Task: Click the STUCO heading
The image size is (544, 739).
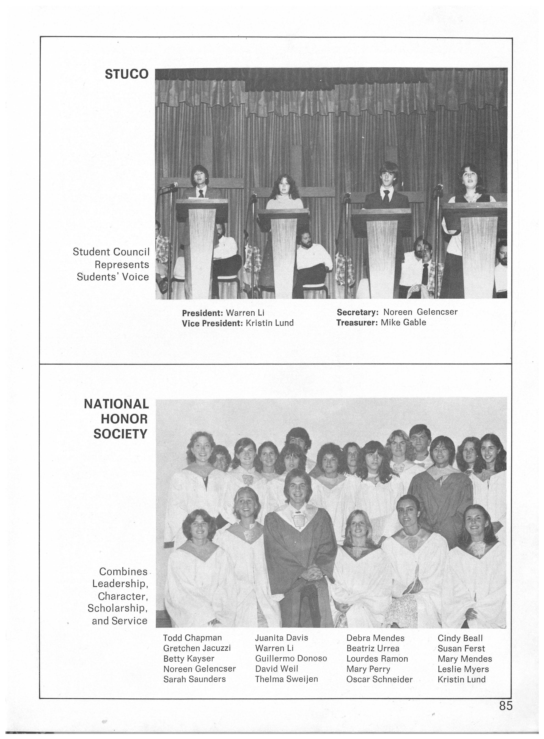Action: (x=127, y=74)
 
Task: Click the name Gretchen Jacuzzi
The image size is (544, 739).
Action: (x=197, y=648)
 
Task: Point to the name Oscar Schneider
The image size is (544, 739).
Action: (x=379, y=679)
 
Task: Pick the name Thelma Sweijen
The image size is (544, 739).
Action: (x=286, y=679)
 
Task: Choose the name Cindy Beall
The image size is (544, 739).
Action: (x=460, y=638)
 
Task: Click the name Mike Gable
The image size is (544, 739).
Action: (x=403, y=323)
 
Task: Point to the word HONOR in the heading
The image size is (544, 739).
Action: (x=124, y=419)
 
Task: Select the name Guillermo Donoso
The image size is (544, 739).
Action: (x=291, y=658)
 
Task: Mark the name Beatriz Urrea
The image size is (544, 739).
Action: (x=373, y=648)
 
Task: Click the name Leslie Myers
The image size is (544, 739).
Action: (x=463, y=669)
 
